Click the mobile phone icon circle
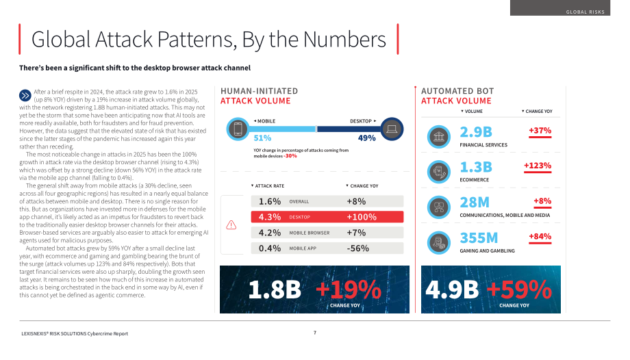pyautogui.click(x=238, y=129)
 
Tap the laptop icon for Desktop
pyautogui.click(x=392, y=129)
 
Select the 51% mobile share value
pyautogui.click(x=262, y=138)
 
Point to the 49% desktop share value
pyautogui.click(x=367, y=138)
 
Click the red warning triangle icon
pyautogui.click(x=231, y=225)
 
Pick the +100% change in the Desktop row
pyautogui.click(x=362, y=217)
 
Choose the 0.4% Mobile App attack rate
pyautogui.click(x=270, y=248)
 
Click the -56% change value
pyautogui.click(x=358, y=248)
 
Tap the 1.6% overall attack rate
pyautogui.click(x=270, y=201)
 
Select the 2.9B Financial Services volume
pyautogui.click(x=476, y=132)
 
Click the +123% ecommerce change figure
pyautogui.click(x=538, y=166)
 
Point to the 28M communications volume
pyautogui.click(x=475, y=203)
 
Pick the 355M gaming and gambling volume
pyautogui.click(x=479, y=238)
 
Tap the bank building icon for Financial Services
pyautogui.click(x=439, y=137)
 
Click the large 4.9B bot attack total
pyautogui.click(x=452, y=290)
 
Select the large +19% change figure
pyautogui.click(x=349, y=290)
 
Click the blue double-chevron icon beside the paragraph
pyautogui.click(x=25, y=96)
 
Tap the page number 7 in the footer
pyautogui.click(x=315, y=333)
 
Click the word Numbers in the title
pyautogui.click(x=344, y=40)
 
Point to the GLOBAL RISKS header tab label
pyautogui.click(x=585, y=12)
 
